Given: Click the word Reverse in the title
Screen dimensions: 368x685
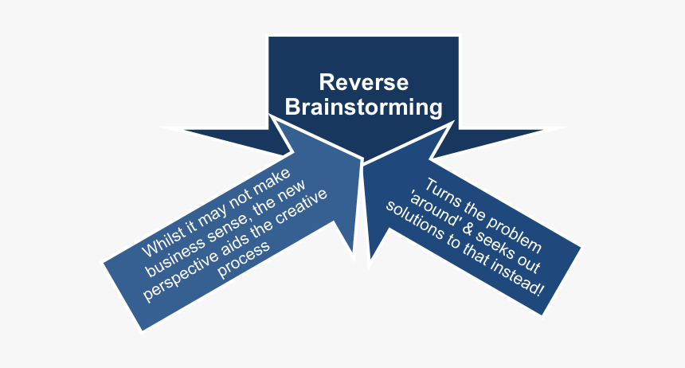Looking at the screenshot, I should pyautogui.click(x=364, y=82).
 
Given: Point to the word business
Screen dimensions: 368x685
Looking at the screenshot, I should pyautogui.click(x=171, y=258).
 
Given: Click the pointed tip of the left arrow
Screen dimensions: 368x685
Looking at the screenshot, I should pyautogui.click(x=360, y=162).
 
